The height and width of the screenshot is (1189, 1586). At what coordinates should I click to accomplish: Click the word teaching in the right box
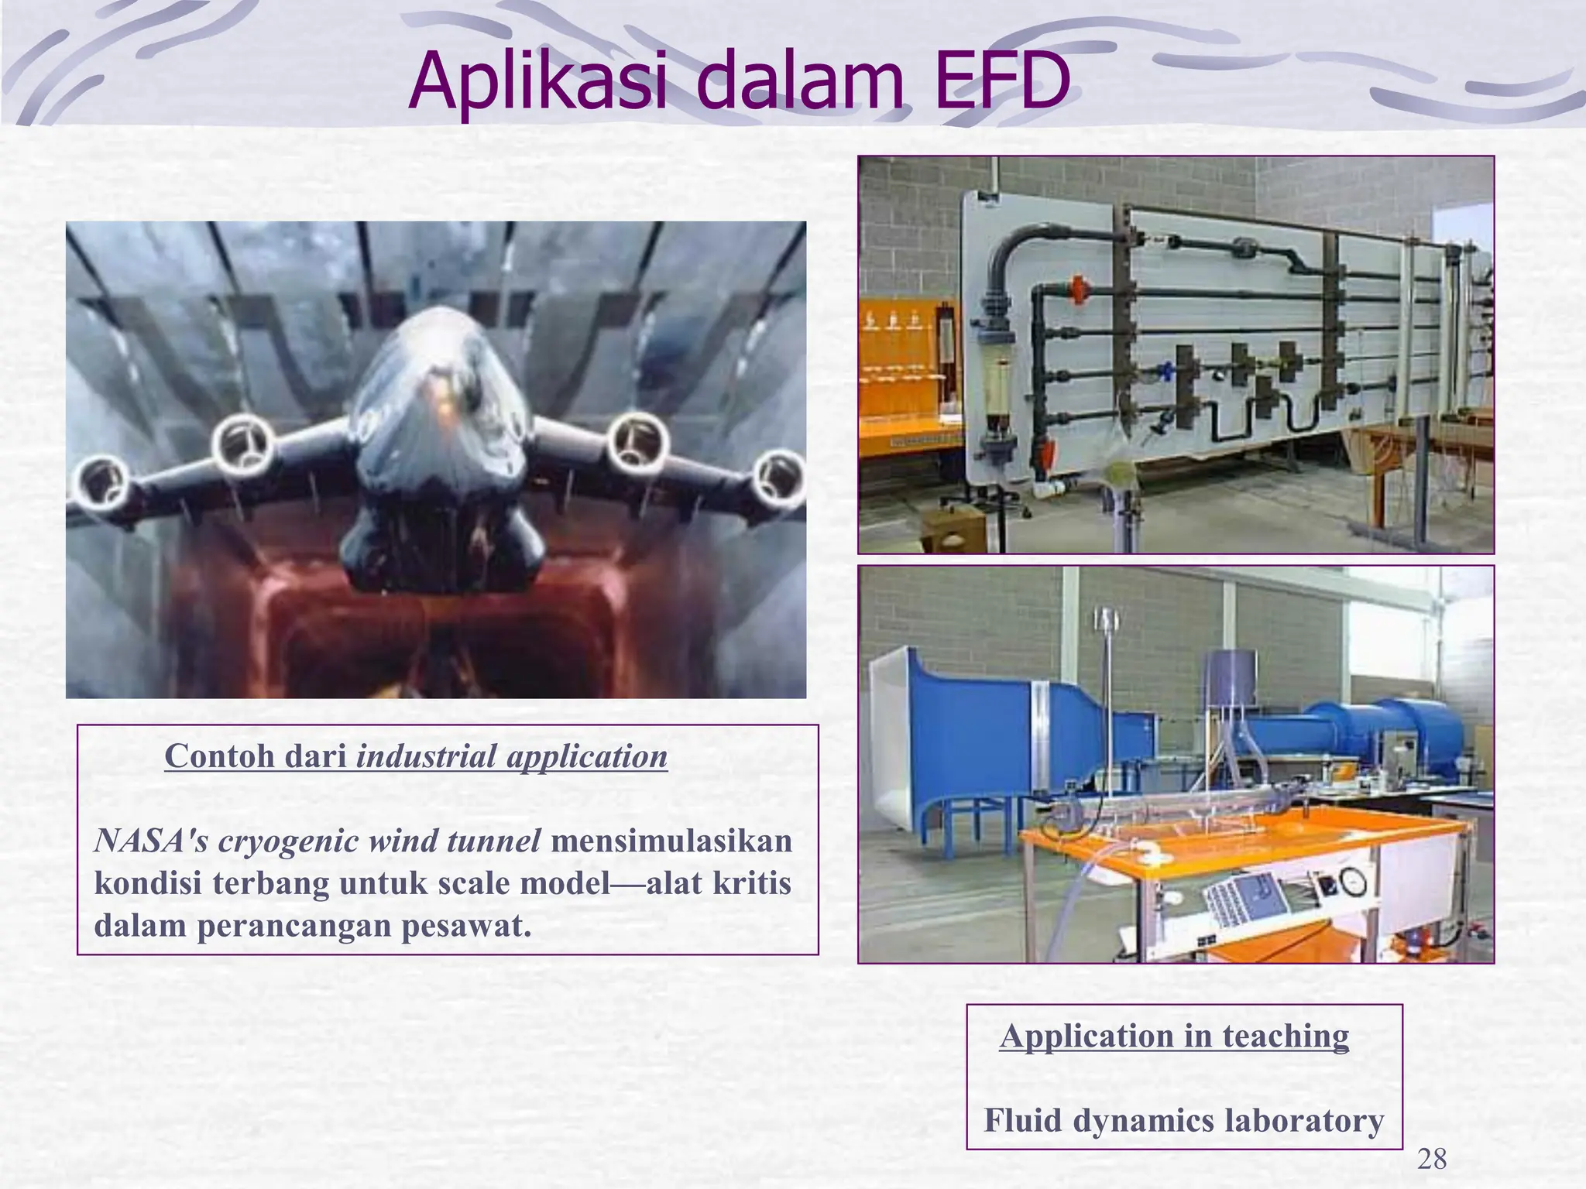point(1285,1036)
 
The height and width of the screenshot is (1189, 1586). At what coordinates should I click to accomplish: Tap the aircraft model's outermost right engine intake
point(781,475)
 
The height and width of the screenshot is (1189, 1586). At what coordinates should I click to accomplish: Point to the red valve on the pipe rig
point(1078,289)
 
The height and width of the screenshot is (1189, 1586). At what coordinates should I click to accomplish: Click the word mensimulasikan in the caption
point(671,841)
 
